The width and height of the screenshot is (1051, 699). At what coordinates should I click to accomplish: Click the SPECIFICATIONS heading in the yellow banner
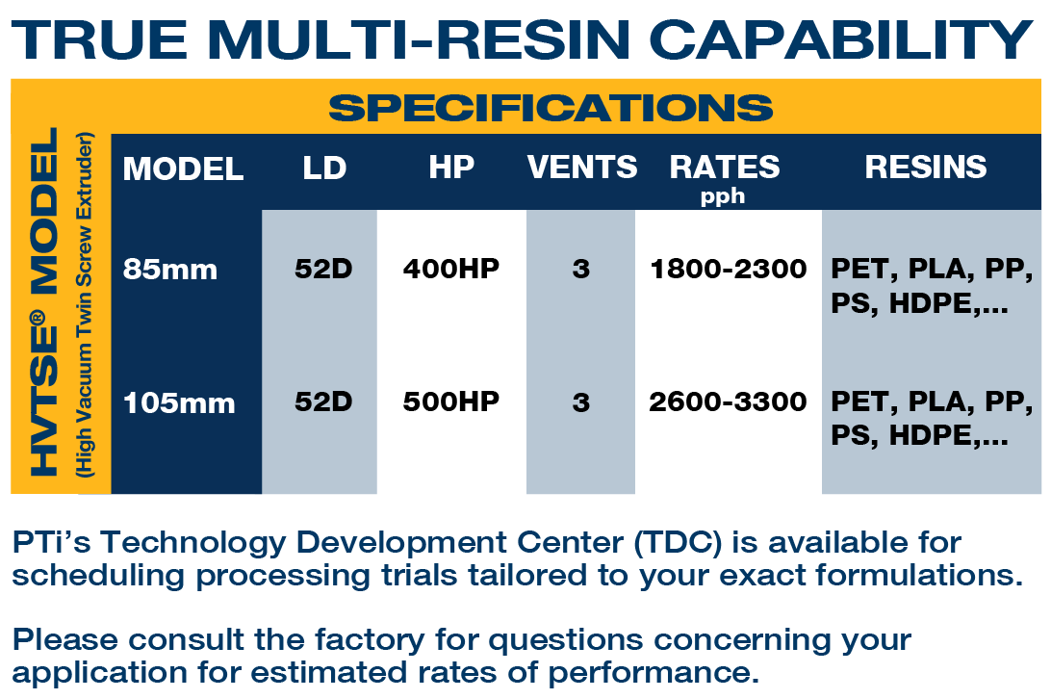click(x=551, y=107)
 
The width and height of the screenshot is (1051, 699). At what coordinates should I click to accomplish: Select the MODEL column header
click(x=183, y=168)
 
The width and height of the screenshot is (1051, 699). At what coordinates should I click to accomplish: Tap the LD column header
click(x=324, y=168)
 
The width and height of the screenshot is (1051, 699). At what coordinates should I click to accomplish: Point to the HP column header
click(x=451, y=167)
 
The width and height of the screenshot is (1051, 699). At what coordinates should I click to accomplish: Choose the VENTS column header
click(x=581, y=167)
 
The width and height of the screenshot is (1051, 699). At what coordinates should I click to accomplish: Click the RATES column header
click(x=725, y=167)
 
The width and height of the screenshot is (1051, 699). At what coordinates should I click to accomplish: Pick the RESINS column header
click(x=926, y=167)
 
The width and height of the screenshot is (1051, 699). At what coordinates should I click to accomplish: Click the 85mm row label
click(x=170, y=270)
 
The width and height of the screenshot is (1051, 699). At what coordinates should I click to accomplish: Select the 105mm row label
click(x=179, y=403)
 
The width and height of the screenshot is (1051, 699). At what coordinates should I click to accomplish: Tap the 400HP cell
click(x=451, y=269)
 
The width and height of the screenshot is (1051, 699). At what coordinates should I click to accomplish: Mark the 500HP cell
click(x=451, y=401)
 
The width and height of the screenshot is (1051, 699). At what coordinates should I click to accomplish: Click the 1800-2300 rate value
click(x=729, y=269)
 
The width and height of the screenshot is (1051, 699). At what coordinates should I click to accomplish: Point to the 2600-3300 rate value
click(x=728, y=401)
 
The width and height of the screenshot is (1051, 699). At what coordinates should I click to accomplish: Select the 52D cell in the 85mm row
click(x=323, y=269)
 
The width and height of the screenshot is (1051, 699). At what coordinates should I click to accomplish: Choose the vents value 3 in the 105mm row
click(x=581, y=402)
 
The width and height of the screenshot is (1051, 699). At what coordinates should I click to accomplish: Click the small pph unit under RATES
click(x=723, y=195)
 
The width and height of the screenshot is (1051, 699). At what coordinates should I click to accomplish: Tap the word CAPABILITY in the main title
click(x=841, y=39)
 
